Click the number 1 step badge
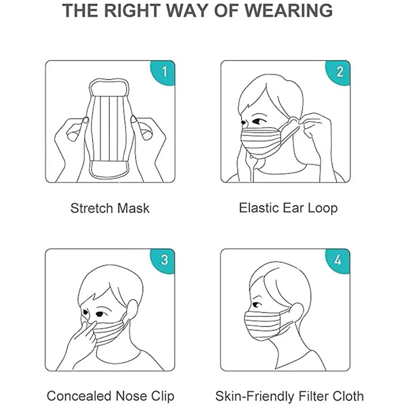[x=164, y=72]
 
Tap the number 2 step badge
[x=339, y=72]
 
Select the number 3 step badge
[x=164, y=260]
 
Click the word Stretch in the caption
[x=91, y=208]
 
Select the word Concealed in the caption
[x=79, y=396]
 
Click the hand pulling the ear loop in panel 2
[x=318, y=131]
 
